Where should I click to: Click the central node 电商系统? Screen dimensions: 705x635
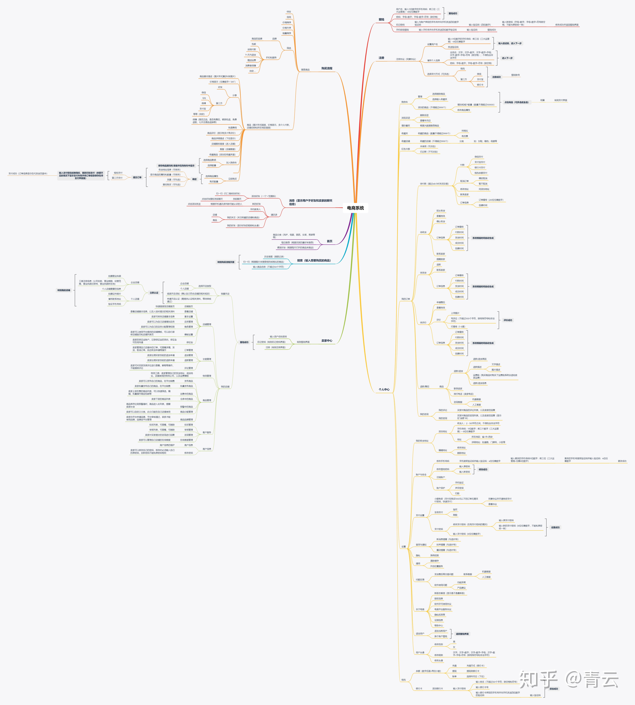(355, 208)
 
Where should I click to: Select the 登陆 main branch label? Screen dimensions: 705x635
(381, 20)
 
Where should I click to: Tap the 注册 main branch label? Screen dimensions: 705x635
(381, 58)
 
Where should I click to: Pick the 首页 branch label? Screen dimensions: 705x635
(329, 241)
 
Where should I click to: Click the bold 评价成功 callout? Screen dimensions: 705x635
(508, 320)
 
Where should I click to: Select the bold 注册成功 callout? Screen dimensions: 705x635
(496, 77)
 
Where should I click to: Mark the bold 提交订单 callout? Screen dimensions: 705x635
(137, 177)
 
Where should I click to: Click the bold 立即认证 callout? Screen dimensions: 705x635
(154, 293)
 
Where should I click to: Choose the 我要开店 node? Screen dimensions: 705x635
(225, 294)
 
